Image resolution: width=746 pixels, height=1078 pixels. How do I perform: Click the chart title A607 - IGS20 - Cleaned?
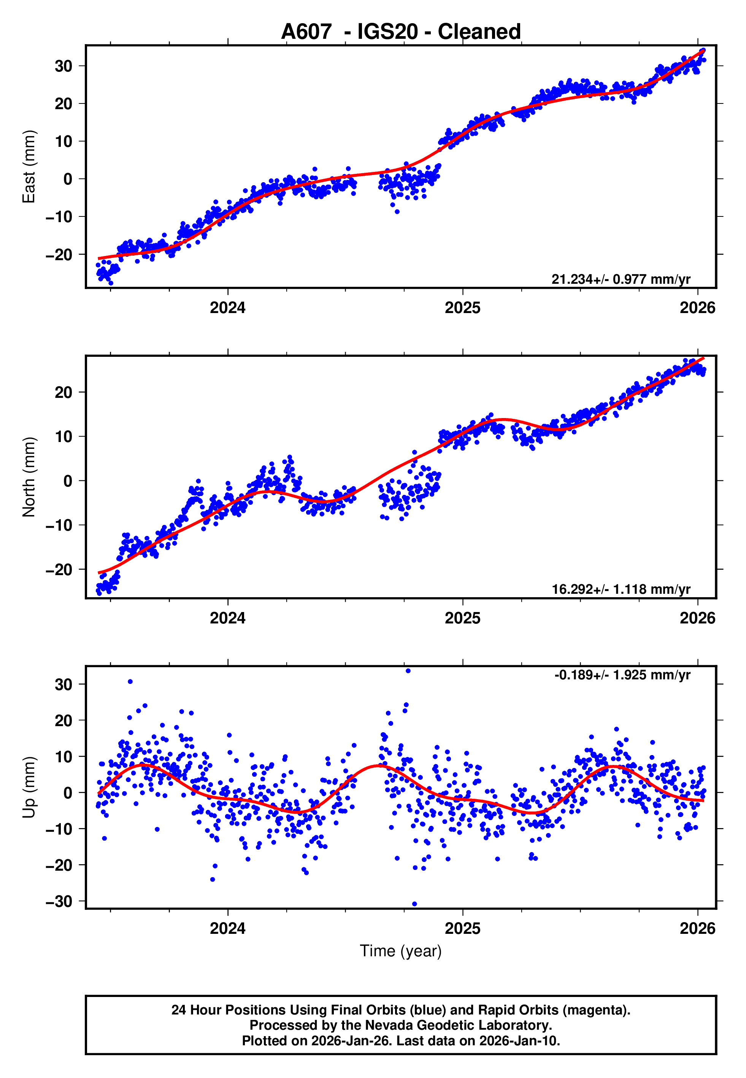point(401,32)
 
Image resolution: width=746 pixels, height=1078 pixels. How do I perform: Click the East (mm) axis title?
point(29,167)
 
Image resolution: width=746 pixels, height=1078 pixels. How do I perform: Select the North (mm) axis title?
point(29,477)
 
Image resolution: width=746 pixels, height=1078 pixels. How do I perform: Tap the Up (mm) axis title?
point(29,787)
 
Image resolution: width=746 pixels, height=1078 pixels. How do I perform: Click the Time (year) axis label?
point(401,951)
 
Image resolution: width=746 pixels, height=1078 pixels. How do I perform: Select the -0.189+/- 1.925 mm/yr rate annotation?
point(622,675)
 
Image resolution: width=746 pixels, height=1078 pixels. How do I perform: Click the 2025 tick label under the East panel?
point(462,308)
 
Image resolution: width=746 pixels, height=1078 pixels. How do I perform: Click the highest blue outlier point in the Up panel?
point(408,671)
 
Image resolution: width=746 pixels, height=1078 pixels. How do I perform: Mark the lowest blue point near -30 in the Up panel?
point(414,904)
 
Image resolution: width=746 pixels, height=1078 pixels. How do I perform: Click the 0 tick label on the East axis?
point(68,179)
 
